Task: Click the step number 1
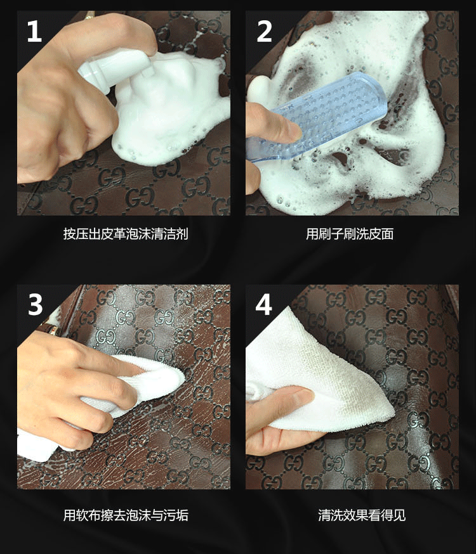tap(34, 31)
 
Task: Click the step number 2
tap(264, 31)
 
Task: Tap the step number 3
tap(35, 304)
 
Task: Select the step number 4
tap(264, 304)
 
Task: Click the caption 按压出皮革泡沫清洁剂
tap(126, 234)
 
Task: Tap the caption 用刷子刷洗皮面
tap(350, 234)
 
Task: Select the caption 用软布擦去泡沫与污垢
tap(126, 515)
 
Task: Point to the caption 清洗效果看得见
tap(362, 515)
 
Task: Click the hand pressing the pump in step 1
tap(70, 95)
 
